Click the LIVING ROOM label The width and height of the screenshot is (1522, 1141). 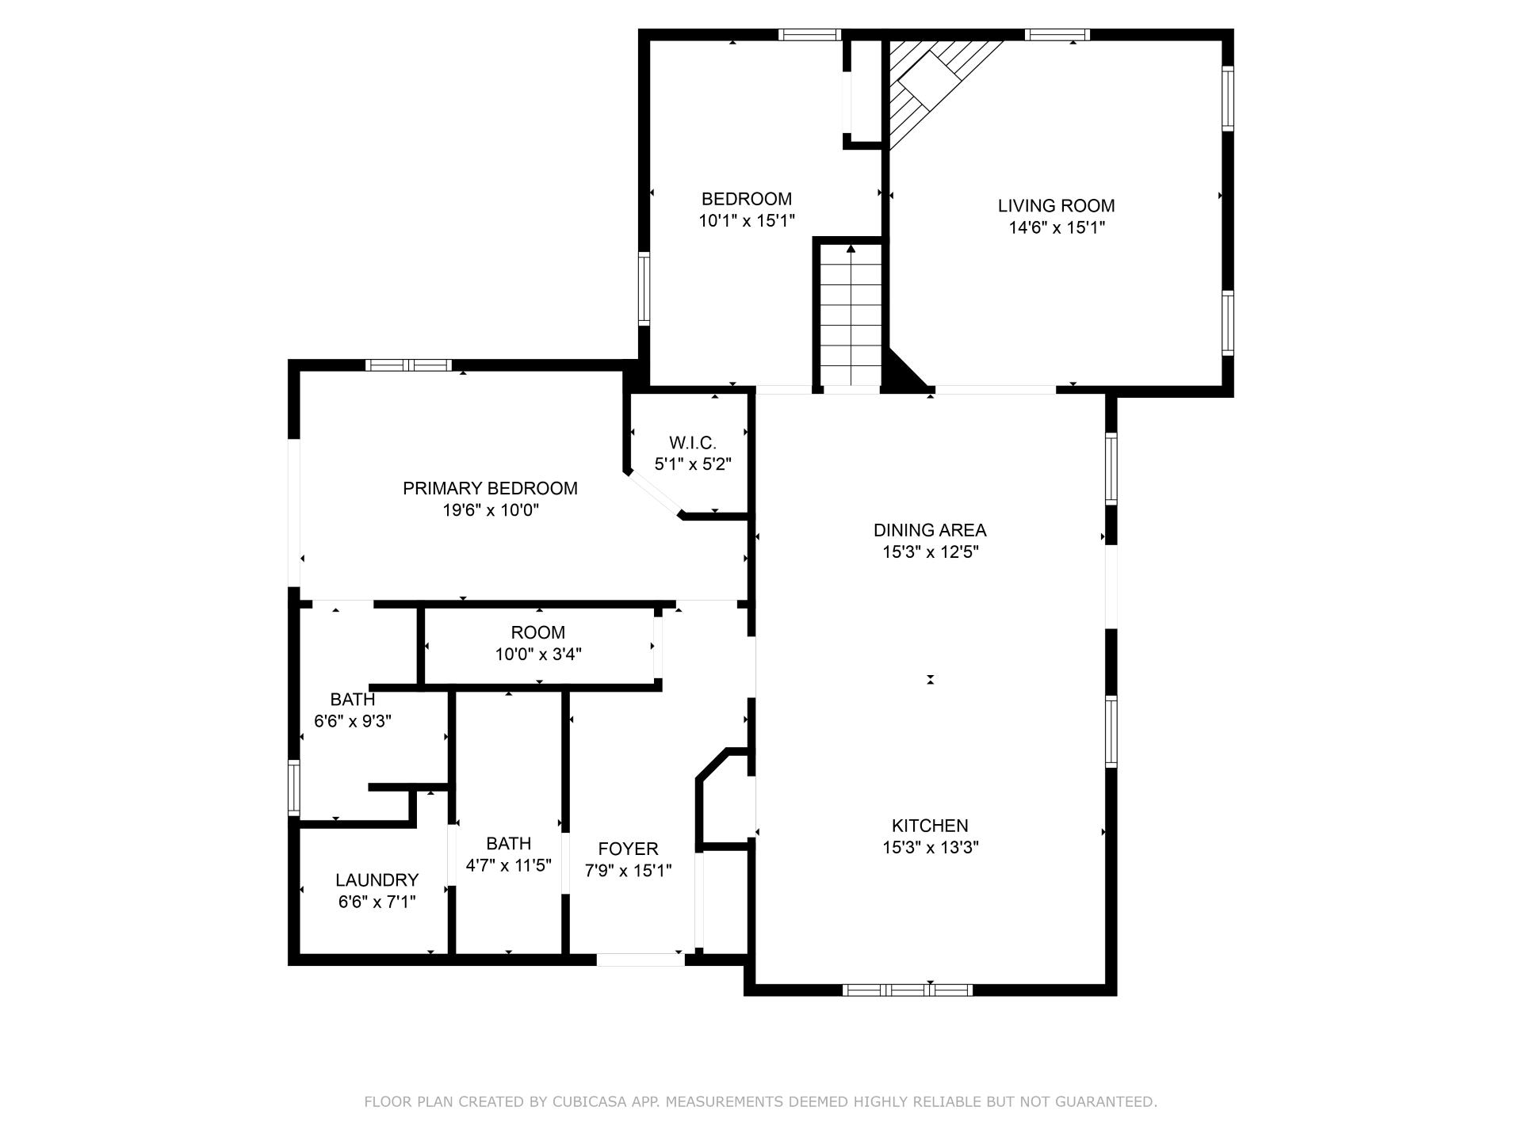[x=1056, y=206]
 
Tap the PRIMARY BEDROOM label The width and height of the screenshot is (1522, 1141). [x=490, y=489]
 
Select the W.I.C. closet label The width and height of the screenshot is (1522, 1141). [x=693, y=443]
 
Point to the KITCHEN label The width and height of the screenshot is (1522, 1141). [x=930, y=826]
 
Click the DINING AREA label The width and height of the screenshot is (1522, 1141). [x=930, y=531]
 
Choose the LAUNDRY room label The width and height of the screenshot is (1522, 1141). [x=377, y=880]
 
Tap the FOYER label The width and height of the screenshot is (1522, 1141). [x=628, y=849]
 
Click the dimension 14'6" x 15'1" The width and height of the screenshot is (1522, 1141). [x=1057, y=228]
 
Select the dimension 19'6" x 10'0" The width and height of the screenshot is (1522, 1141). [x=491, y=511]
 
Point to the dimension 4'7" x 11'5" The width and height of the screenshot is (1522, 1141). [x=508, y=865]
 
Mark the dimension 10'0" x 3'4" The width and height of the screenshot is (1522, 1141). [x=538, y=654]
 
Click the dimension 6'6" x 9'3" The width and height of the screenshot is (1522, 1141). [x=353, y=722]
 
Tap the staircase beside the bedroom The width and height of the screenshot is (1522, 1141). [x=851, y=315]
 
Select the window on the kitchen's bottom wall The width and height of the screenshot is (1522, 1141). [x=908, y=990]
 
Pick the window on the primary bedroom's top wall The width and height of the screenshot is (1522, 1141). [x=408, y=365]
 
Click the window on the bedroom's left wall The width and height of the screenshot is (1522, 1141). [x=644, y=289]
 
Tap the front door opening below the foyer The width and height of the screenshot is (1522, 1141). [x=641, y=960]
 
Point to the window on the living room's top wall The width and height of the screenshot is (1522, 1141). [x=1057, y=34]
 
